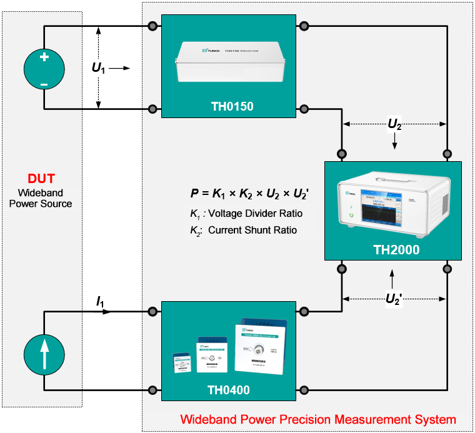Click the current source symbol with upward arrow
(x=44, y=354)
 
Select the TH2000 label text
(x=396, y=251)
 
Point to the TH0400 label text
(x=228, y=391)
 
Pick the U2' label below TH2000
(x=393, y=299)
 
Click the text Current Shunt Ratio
(x=252, y=230)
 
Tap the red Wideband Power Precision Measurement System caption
(x=318, y=419)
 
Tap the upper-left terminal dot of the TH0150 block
(x=152, y=26)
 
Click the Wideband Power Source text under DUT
(x=44, y=198)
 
